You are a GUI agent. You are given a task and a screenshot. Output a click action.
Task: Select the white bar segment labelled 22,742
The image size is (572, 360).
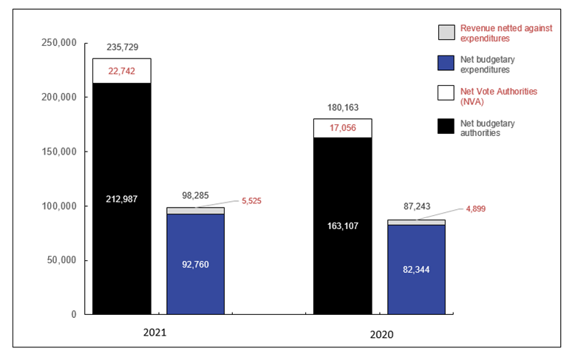[122, 71]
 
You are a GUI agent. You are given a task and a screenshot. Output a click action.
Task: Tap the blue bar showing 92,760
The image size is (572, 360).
[195, 263]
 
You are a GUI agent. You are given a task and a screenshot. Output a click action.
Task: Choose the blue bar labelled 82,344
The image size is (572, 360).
[416, 269]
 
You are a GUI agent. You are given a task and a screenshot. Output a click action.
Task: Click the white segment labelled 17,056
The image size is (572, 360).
[343, 128]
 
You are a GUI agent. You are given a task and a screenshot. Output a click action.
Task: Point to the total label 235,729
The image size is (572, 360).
[122, 47]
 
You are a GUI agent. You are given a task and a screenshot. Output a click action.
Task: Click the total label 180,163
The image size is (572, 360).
[343, 107]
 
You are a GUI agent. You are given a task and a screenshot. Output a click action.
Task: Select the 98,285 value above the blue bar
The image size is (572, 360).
[195, 197]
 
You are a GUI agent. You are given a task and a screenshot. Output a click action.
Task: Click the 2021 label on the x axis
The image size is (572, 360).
[154, 333]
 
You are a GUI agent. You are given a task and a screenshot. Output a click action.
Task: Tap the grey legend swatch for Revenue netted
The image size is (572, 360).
[446, 33]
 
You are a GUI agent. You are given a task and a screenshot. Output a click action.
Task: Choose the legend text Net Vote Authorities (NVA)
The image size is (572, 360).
[498, 95]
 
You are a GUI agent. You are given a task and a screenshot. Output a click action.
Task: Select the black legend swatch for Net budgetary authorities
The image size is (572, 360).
[446, 127]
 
